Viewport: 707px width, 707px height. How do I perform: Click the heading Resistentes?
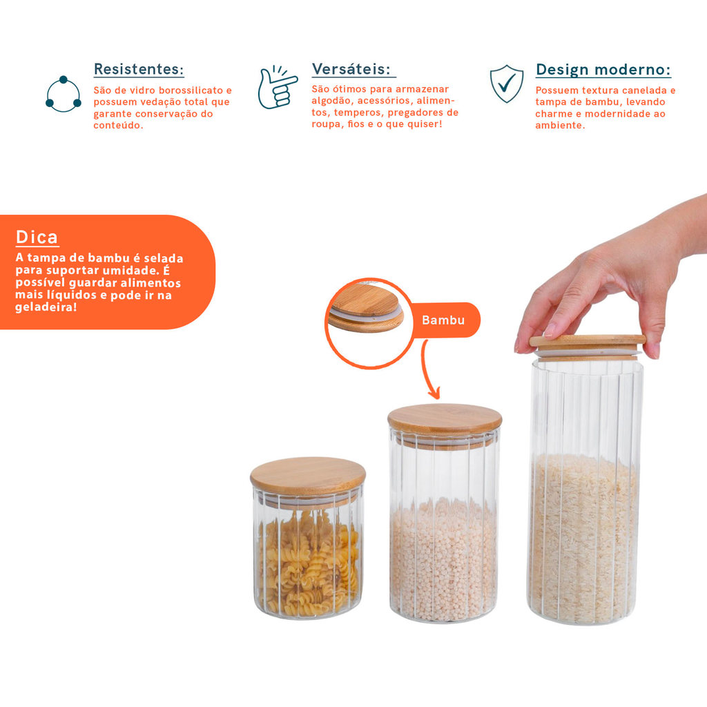pos(139,69)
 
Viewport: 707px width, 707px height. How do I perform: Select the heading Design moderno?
pos(603,70)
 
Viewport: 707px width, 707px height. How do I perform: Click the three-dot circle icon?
pos(64,94)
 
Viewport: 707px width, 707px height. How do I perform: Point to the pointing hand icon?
pos(277,88)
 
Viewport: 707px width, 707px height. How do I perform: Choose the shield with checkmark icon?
pos(507,84)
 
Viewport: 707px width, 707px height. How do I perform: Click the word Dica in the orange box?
pos(37,238)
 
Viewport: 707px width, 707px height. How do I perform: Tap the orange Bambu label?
pos(443,320)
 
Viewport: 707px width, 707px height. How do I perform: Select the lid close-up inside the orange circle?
pos(366,309)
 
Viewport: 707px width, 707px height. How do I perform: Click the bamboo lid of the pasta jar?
pos(308,476)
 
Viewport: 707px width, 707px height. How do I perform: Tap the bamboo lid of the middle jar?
pos(445,420)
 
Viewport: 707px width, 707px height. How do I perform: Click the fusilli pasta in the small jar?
pos(309,563)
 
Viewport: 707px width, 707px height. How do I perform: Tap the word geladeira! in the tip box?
pos(46,307)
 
